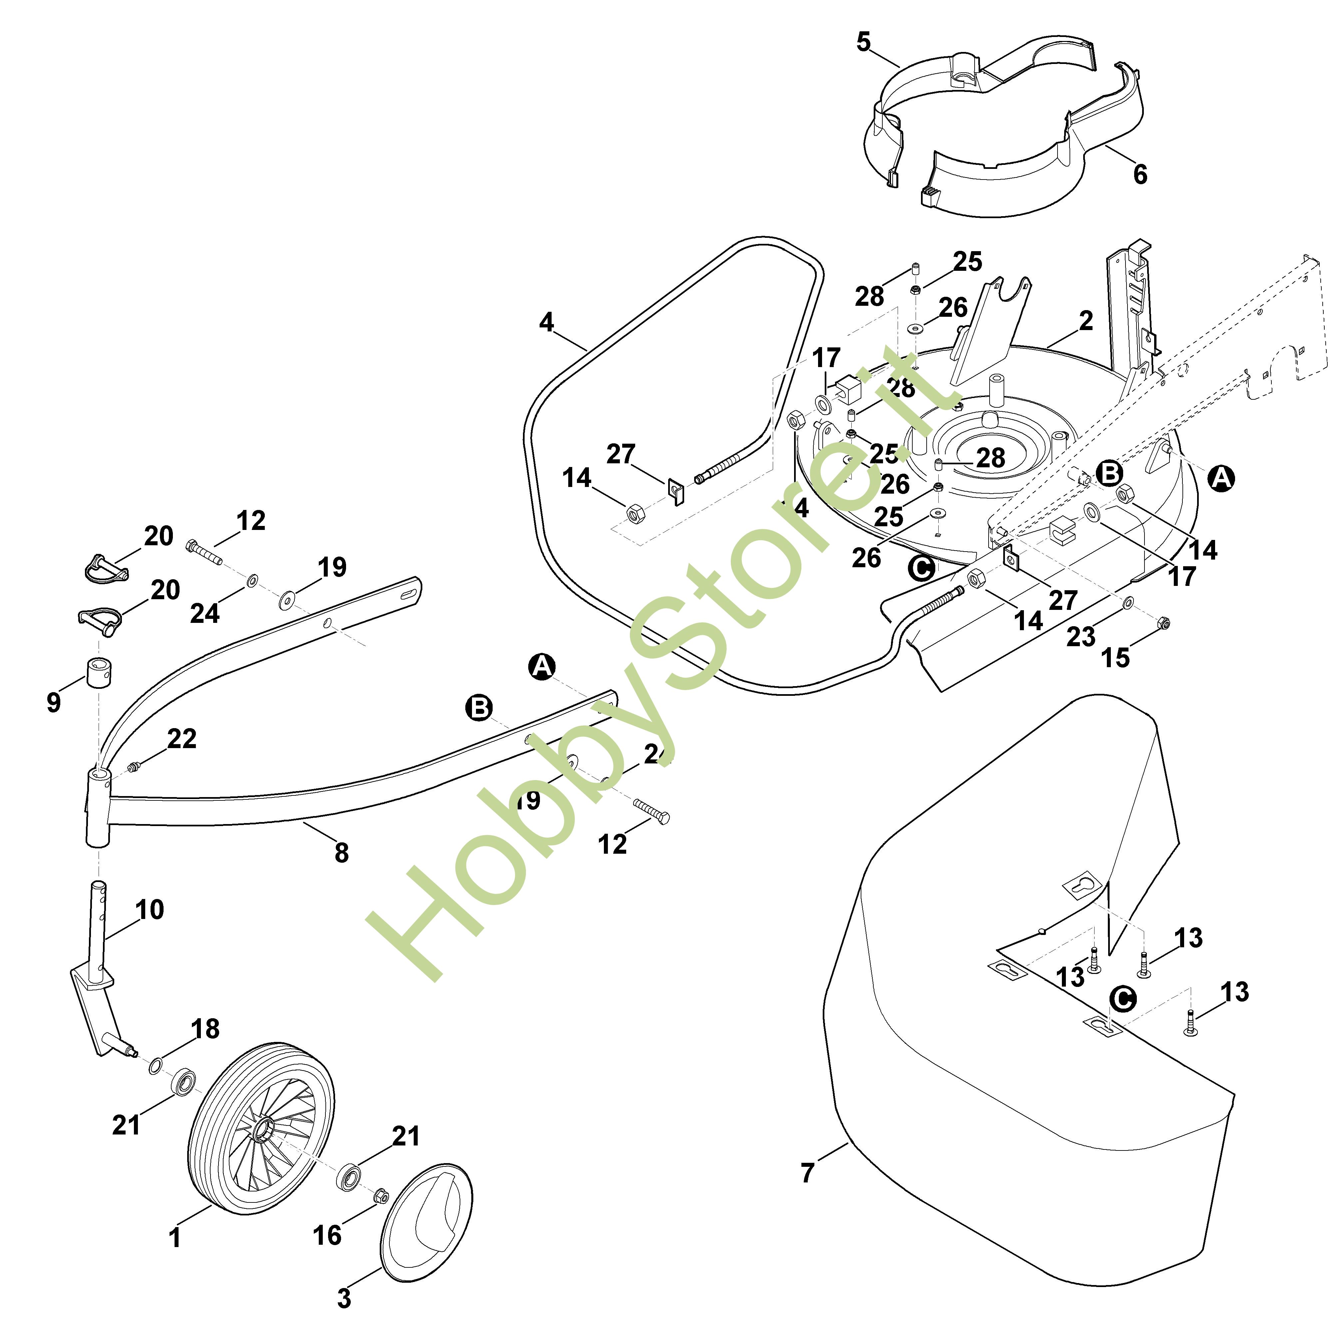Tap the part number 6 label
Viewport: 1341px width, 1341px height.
pos(1140,174)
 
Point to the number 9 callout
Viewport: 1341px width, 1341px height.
pos(53,702)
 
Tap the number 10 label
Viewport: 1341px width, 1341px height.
pos(150,909)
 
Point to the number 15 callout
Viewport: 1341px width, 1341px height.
pos(1116,657)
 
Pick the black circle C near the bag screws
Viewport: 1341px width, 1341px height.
pos(1122,1000)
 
